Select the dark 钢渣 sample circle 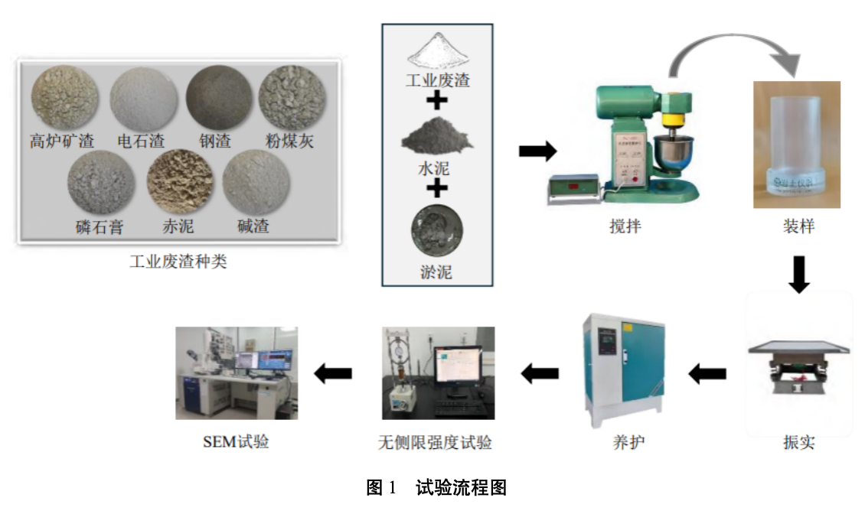pos(220,98)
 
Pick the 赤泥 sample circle pos(179,184)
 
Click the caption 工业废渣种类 pos(178,262)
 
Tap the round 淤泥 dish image pos(436,230)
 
